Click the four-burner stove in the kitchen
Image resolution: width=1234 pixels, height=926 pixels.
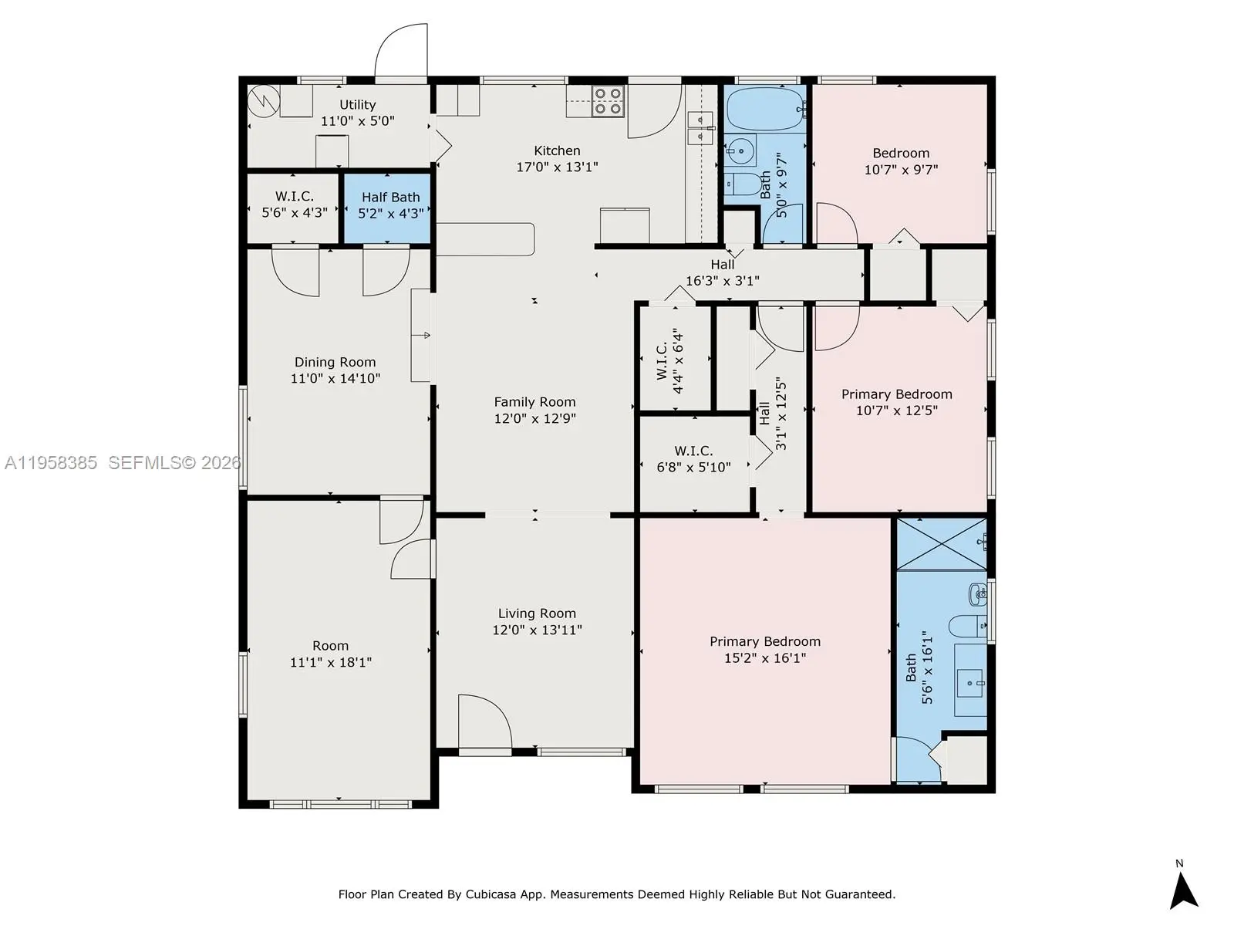(x=607, y=101)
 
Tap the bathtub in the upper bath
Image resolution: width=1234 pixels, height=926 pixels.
(x=767, y=109)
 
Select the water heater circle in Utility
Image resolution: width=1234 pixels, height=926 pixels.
(x=264, y=100)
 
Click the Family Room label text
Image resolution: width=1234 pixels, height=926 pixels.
(x=534, y=402)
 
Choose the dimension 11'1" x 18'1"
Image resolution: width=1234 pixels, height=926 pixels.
(x=331, y=662)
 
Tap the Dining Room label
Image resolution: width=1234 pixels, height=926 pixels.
(x=335, y=363)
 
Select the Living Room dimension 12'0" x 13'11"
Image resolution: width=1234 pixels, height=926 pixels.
(x=537, y=630)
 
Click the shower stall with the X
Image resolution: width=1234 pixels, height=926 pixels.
(x=942, y=544)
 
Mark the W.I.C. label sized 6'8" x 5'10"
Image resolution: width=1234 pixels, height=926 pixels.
(x=693, y=459)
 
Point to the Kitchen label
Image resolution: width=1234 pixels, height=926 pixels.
(x=557, y=150)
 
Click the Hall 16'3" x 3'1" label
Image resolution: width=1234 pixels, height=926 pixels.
(x=723, y=272)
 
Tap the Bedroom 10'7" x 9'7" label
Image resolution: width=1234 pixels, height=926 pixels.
(x=901, y=161)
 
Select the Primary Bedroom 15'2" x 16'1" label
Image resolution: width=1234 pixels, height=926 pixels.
(x=765, y=650)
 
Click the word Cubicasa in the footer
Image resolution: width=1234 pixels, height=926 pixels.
(x=490, y=894)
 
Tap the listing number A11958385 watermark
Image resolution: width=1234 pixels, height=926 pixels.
(x=51, y=463)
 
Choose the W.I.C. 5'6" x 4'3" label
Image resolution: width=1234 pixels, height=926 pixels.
(x=295, y=204)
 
